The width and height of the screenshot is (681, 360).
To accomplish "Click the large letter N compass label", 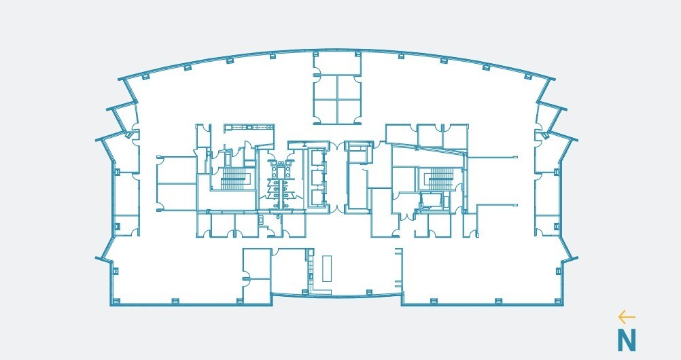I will click(x=626, y=340).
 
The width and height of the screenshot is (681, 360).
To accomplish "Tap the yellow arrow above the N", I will click(x=627, y=317).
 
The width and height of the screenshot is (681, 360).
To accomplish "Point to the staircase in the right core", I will click(x=440, y=179).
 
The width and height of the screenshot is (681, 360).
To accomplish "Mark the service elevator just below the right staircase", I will click(x=430, y=202).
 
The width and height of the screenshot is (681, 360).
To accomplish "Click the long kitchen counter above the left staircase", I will click(x=249, y=127).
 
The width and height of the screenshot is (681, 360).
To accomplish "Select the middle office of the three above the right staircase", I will click(x=430, y=135).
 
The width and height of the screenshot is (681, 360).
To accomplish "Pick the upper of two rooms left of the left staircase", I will click(x=177, y=169).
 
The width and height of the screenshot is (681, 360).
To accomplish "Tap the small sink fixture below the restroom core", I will click(x=262, y=219).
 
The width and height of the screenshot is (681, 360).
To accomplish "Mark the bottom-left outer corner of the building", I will click(x=111, y=304).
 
